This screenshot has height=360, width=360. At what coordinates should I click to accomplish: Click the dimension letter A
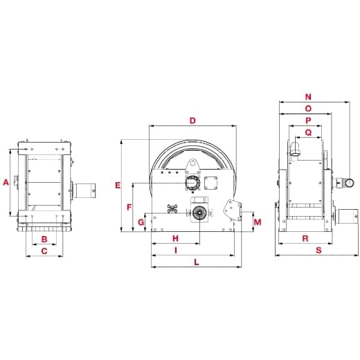click(6, 182)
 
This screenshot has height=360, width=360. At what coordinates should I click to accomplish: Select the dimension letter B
click(44, 240)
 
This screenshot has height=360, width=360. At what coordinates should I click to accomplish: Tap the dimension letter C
click(44, 251)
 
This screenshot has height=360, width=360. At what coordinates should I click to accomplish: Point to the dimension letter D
click(192, 120)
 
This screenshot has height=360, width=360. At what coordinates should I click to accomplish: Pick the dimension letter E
click(118, 185)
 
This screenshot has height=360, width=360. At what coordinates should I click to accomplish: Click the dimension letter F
click(129, 207)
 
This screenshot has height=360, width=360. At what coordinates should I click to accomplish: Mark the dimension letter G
click(141, 222)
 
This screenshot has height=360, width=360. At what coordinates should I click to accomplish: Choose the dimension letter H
click(175, 239)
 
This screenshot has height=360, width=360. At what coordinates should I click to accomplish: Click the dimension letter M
click(258, 222)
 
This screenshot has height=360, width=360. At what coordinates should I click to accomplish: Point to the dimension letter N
click(308, 98)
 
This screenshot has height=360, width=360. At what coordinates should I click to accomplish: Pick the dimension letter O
click(308, 109)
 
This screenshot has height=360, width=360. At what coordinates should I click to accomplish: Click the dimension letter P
click(308, 120)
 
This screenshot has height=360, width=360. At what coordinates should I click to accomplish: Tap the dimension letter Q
click(308, 132)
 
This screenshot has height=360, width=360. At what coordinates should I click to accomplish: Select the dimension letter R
click(305, 238)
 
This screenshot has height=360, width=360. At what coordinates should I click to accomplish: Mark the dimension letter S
click(318, 250)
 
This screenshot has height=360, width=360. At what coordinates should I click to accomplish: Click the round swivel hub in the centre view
click(199, 213)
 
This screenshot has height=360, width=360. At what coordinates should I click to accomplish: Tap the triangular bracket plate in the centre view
click(231, 208)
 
